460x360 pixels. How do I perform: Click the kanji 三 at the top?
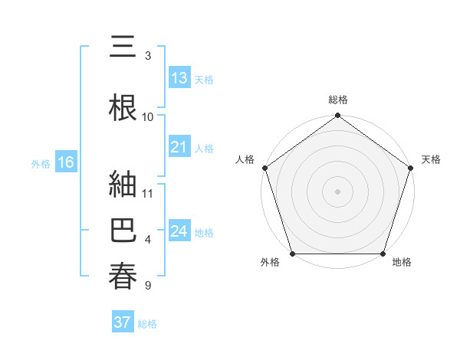(x=123, y=49)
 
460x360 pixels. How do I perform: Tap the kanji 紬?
(x=123, y=185)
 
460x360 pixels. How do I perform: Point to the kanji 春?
(x=123, y=276)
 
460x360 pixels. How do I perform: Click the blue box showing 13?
(x=179, y=77)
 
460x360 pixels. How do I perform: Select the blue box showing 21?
(x=179, y=147)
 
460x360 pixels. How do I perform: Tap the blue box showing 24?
(x=179, y=231)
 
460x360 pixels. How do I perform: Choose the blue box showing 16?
(x=65, y=162)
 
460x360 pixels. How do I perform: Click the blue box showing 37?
(x=123, y=322)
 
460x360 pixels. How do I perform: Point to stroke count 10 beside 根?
(x=148, y=116)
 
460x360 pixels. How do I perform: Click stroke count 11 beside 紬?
(x=148, y=193)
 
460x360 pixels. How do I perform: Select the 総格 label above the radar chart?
(x=337, y=100)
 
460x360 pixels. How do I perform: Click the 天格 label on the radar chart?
(x=431, y=159)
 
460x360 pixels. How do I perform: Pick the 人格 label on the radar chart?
(x=245, y=159)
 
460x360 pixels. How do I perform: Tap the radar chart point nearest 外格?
(x=292, y=254)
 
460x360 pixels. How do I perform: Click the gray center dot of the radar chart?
(x=337, y=191)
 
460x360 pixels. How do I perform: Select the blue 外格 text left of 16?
(x=41, y=163)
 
